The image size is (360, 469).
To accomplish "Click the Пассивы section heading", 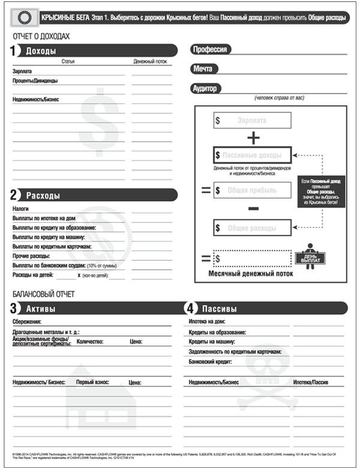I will tap(218, 309).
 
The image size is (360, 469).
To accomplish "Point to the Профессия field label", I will tap(209, 50).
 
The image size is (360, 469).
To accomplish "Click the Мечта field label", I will tap(202, 69).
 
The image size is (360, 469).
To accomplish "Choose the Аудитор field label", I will tap(205, 88).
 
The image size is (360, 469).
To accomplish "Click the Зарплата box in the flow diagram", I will tap(252, 121).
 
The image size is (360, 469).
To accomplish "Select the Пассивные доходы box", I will tap(252, 155).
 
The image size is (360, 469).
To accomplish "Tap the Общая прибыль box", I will tap(252, 190).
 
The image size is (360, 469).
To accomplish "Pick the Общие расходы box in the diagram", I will tap(252, 228).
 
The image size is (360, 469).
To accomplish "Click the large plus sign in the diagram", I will tap(253, 138).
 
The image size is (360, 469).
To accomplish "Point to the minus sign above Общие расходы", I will tap(253, 208).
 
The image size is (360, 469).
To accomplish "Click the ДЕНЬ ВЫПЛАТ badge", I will tap(310, 257).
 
